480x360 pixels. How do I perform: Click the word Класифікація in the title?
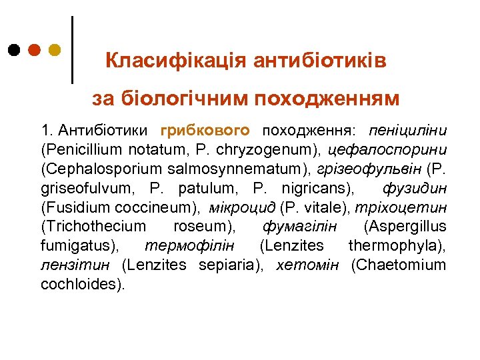click(x=177, y=61)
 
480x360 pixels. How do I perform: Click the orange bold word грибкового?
click(x=205, y=129)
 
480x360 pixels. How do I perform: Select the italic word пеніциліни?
click(x=410, y=129)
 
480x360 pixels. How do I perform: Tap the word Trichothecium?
click(x=93, y=226)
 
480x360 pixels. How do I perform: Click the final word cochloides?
click(x=82, y=284)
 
